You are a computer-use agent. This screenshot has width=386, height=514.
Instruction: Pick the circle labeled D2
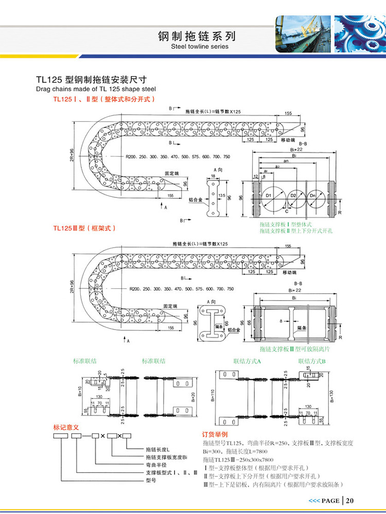[x=292, y=196]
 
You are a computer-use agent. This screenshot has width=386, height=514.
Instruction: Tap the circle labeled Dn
[x=314, y=196]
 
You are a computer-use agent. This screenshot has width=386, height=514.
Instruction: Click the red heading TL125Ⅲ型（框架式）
[x=85, y=228]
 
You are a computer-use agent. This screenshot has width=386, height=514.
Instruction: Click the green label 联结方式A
[x=247, y=361]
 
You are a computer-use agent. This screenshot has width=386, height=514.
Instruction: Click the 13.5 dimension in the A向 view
[x=222, y=196]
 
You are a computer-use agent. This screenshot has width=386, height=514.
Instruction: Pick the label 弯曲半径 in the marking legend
[x=156, y=464]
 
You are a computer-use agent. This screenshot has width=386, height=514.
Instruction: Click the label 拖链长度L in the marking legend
[x=160, y=449]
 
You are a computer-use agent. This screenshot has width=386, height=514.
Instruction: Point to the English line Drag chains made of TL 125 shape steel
[x=96, y=89]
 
